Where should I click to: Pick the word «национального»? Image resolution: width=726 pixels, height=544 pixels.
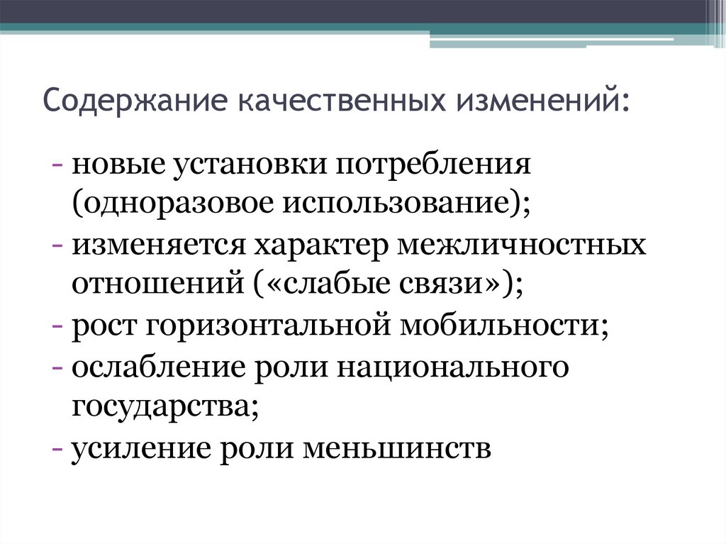point(453,367)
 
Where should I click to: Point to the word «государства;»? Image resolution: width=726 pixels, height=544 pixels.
point(164,406)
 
